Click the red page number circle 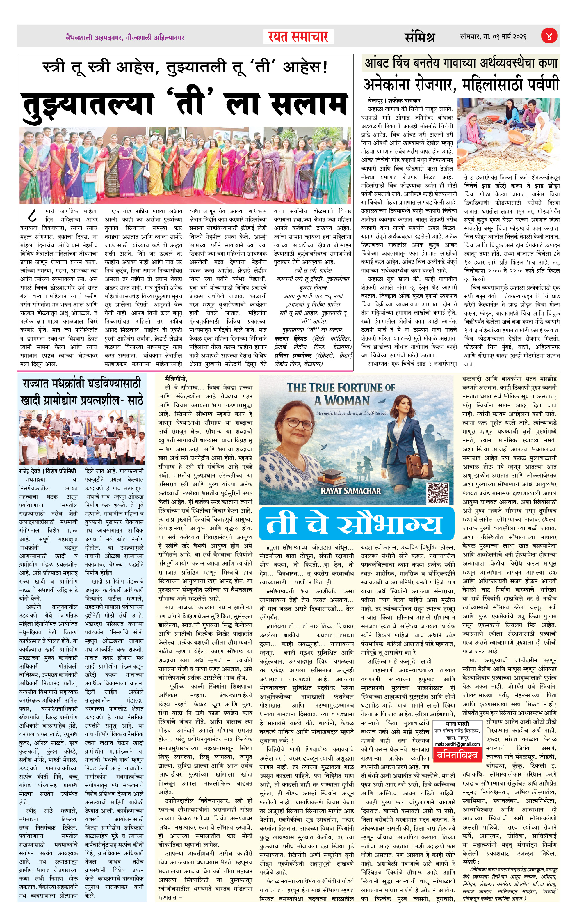[548, 37]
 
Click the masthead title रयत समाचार [298, 37]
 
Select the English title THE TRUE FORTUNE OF [340, 387]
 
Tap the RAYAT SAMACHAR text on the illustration [350, 491]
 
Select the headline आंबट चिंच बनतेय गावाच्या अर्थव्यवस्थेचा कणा [461, 63]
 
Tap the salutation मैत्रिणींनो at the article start [176, 378]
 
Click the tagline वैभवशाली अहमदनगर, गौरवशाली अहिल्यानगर [124, 38]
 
